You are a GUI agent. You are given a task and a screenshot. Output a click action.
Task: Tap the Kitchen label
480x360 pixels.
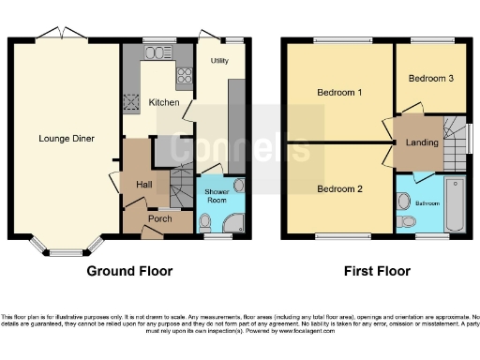pos(164,102)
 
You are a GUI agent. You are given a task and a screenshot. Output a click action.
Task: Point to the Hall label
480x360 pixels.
pos(143,184)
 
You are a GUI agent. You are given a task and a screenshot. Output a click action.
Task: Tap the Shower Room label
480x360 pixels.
pos(217,195)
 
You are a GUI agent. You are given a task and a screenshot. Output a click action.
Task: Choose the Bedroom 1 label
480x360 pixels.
pos(338,92)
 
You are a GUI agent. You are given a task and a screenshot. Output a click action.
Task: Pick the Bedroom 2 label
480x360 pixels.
pos(338,188)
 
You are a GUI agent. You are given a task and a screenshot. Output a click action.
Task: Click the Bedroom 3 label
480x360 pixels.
pos(430,78)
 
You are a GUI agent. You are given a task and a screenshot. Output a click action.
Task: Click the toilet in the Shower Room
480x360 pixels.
pos(205,221)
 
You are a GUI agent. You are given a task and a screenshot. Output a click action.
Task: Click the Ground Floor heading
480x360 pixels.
pos(129,272)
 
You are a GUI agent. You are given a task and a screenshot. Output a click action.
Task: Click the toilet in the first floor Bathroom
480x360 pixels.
pos(405,220)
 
